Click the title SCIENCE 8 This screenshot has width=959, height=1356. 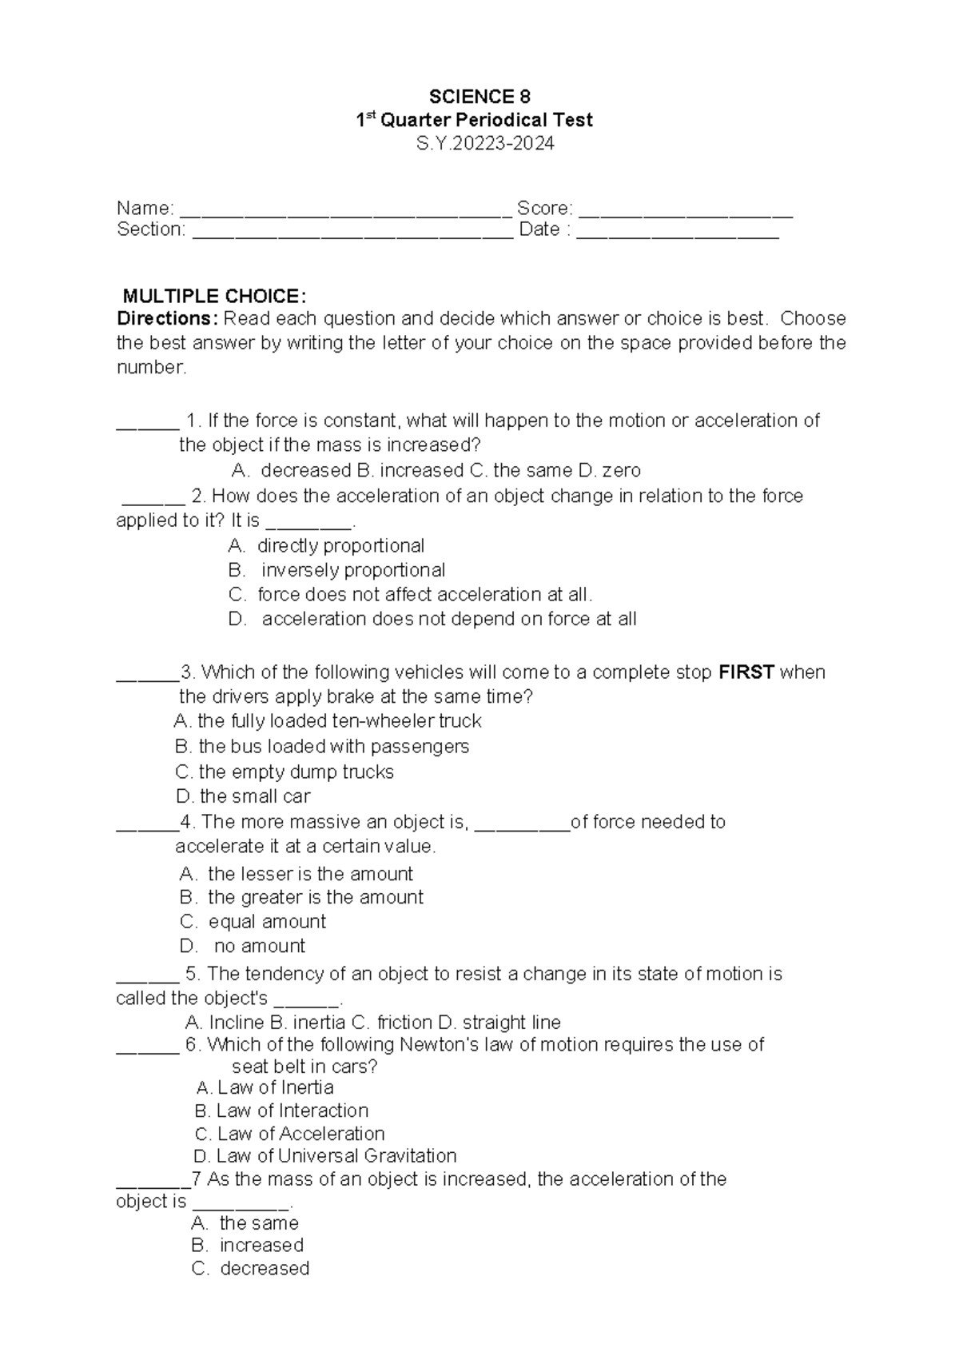479,98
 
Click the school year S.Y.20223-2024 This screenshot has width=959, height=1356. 479,143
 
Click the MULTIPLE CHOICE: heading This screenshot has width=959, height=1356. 209,296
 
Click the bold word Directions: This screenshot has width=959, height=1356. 166,319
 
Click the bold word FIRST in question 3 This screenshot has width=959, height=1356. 746,672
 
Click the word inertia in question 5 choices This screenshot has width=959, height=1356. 320,1023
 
